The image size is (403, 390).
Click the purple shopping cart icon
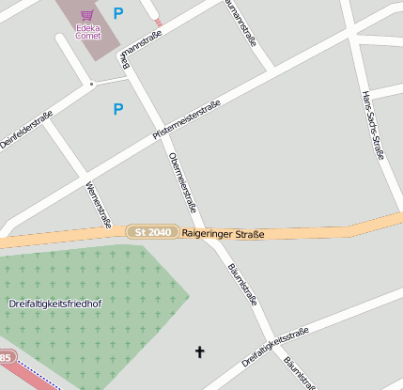(x=87, y=15)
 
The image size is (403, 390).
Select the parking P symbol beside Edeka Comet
(x=117, y=13)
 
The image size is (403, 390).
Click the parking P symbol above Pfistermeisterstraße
(x=117, y=109)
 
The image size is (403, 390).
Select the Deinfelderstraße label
(x=25, y=130)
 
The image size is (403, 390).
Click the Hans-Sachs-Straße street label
(x=373, y=125)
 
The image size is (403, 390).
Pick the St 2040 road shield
(x=152, y=232)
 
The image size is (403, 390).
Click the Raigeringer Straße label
(x=223, y=233)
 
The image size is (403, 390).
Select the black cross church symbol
(x=198, y=352)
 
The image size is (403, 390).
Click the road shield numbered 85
(x=5, y=358)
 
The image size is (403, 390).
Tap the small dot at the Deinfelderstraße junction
(x=91, y=84)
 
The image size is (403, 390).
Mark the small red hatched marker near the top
(x=158, y=21)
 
